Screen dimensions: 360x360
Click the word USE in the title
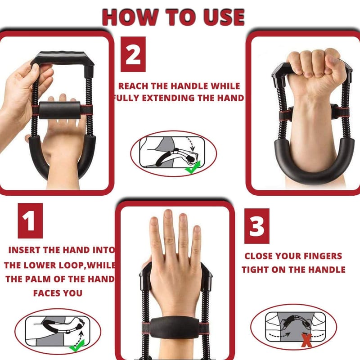224,17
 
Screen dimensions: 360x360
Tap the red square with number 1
30,220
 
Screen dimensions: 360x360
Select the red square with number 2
133,54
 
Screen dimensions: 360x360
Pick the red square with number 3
256,226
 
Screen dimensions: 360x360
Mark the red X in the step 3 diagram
306,341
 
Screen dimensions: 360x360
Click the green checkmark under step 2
193,167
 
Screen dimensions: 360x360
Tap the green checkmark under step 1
77,346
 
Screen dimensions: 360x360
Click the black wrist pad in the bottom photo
175,328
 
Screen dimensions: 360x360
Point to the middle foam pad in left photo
60,110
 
